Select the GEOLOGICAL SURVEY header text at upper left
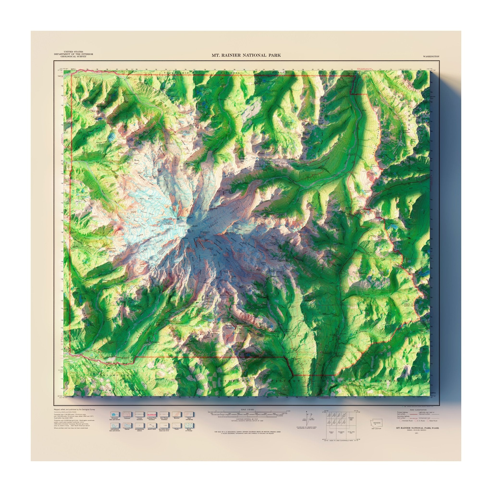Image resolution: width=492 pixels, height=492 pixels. tap(73, 56)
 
